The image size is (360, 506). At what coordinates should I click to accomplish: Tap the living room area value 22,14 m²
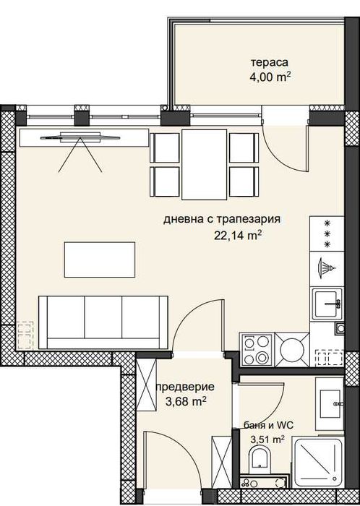tap(237, 233)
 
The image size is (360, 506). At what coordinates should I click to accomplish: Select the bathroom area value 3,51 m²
tap(267, 438)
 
